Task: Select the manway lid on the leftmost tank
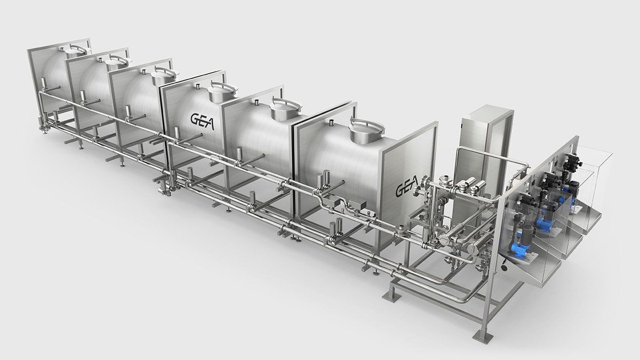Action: click(75, 51)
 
